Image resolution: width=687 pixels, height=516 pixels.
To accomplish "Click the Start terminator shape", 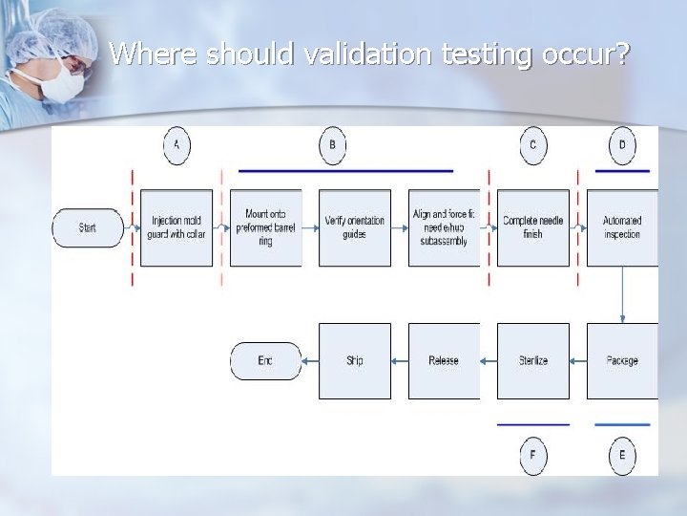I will pyautogui.click(x=88, y=227).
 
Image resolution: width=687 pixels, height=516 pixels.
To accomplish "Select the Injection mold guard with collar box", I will pyautogui.click(x=177, y=227).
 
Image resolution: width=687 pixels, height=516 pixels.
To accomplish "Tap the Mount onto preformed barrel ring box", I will pyautogui.click(x=265, y=227).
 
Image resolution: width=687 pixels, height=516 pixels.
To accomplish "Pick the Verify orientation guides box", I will pyautogui.click(x=355, y=227).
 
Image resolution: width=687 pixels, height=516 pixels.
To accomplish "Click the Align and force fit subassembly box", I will pyautogui.click(x=444, y=227).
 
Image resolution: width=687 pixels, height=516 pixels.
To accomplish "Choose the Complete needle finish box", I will pyautogui.click(x=533, y=227).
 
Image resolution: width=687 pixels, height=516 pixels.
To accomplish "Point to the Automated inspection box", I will pyautogui.click(x=622, y=227).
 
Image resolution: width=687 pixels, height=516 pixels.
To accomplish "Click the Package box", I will pyautogui.click(x=622, y=360).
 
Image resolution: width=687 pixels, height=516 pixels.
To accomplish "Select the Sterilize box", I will pyautogui.click(x=533, y=360).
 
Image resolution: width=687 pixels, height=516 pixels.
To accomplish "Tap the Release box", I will pyautogui.click(x=444, y=360).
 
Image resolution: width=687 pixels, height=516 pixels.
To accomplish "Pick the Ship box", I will pyautogui.click(x=355, y=360).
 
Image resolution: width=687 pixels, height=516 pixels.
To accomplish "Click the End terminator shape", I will pyautogui.click(x=265, y=360).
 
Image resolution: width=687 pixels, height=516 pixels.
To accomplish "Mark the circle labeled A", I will pyautogui.click(x=177, y=145).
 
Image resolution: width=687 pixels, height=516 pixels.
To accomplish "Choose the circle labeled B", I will pyautogui.click(x=332, y=145).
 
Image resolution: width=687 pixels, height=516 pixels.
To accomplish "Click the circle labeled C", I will pyautogui.click(x=533, y=145).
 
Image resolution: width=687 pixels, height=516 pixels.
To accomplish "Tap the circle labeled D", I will pyautogui.click(x=622, y=145).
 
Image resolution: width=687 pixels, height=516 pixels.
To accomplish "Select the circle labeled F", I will pyautogui.click(x=533, y=455).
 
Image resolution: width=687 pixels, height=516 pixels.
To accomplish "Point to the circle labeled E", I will pyautogui.click(x=622, y=455).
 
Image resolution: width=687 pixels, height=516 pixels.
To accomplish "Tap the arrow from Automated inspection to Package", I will pyautogui.click(x=622, y=294).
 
